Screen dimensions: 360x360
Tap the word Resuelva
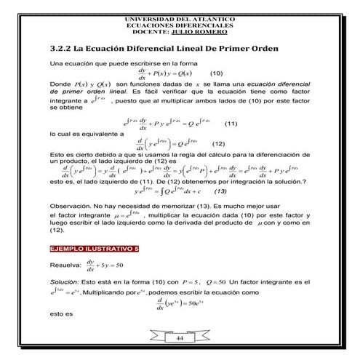pyautogui.click(x=65, y=265)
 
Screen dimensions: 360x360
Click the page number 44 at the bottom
pyautogui.click(x=180, y=339)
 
